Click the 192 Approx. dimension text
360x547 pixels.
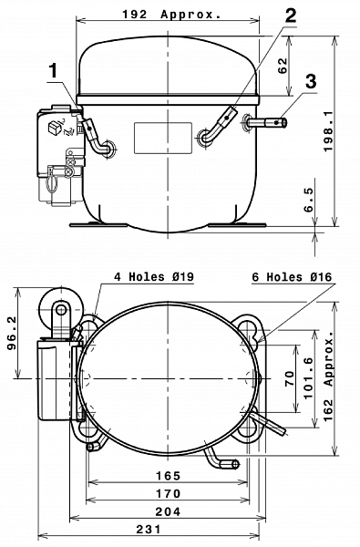click(171, 15)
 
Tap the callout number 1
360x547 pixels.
click(53, 71)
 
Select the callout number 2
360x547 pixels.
click(290, 15)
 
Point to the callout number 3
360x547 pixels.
click(311, 81)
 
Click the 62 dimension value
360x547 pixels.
click(283, 66)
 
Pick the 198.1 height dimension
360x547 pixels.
click(328, 131)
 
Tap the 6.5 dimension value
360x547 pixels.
click(309, 200)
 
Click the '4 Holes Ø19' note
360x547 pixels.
click(154, 276)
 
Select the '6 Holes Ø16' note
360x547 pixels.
click(292, 277)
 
